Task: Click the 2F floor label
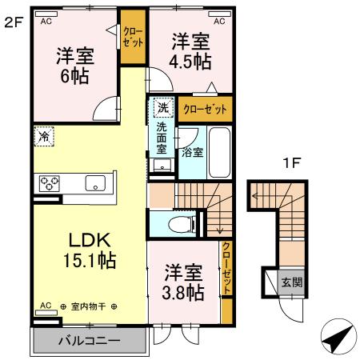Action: [12, 23]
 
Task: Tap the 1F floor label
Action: [291, 163]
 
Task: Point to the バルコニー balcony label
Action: [89, 341]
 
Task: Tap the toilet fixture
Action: [179, 223]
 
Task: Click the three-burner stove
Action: [49, 182]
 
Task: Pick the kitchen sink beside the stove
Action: [97, 182]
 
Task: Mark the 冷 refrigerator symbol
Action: [43, 137]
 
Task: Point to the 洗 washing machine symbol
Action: [162, 107]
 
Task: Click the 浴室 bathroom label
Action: [192, 151]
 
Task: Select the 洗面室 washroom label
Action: [162, 138]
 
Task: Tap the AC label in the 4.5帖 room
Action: [218, 21]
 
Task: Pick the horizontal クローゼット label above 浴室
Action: [205, 107]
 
